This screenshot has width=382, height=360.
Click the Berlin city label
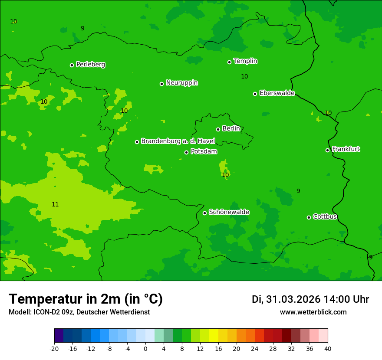231,128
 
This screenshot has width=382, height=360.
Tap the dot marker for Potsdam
186,152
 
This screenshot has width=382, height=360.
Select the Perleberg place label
90,65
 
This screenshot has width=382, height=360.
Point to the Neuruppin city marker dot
161,84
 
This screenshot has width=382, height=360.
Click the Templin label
245,61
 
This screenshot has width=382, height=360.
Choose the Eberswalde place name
277,93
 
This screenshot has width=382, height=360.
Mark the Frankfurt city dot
327,150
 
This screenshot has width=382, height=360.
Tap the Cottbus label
325,216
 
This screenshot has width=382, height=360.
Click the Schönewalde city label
229,212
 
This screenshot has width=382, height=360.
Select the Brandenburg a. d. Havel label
178,141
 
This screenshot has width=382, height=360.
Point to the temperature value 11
55,204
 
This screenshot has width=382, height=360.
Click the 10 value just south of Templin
244,76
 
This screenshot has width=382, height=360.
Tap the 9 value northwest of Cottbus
298,191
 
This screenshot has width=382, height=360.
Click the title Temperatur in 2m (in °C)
86,299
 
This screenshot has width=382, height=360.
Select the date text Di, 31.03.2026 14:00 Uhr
310,299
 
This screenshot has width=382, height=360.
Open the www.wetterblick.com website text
313,312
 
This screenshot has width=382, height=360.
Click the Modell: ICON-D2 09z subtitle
79,312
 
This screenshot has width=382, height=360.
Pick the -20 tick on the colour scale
54,348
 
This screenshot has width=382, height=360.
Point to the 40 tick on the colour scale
328,348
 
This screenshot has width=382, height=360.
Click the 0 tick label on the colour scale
145,348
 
